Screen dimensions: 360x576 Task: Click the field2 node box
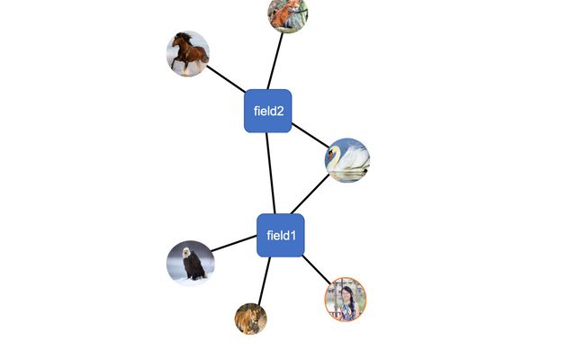click(x=268, y=111)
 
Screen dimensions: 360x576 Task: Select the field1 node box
click(x=281, y=236)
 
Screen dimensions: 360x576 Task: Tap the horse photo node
click(x=188, y=53)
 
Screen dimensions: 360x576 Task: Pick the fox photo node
click(x=288, y=13)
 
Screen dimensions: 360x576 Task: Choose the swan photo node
click(x=347, y=160)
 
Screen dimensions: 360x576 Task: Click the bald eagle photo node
click(x=191, y=263)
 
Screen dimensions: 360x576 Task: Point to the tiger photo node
click(x=251, y=318)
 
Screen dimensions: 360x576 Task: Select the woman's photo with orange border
click(x=346, y=300)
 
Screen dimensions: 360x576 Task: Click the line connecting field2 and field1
click(x=270, y=173)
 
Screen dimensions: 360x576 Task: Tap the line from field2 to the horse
click(x=227, y=77)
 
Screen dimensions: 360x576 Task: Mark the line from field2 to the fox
click(x=275, y=60)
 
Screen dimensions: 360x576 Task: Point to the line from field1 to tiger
click(x=264, y=281)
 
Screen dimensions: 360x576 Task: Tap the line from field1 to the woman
click(x=315, y=268)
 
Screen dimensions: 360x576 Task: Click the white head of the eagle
click(x=188, y=252)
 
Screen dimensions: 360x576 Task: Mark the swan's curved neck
click(x=335, y=158)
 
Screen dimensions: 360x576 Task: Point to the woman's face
click(x=346, y=292)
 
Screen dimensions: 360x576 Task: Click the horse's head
click(x=180, y=40)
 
